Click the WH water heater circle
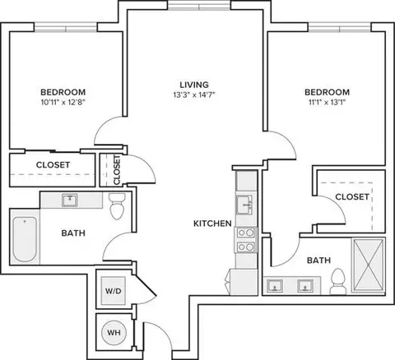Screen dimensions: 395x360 [114, 333]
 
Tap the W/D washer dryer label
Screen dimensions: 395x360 [114, 291]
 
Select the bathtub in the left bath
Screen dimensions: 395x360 [25, 239]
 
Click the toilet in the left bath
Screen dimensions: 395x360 [117, 206]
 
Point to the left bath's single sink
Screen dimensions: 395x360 [69, 201]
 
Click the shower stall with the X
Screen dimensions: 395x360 [369, 265]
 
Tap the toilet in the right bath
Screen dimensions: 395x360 [338, 281]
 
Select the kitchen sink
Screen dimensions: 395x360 [245, 205]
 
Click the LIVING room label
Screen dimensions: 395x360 [194, 85]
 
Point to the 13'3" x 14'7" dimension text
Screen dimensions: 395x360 [194, 95]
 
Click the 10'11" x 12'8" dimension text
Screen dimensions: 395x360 [63, 103]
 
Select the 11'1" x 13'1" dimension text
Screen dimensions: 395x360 [328, 103]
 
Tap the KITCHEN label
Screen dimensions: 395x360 [212, 224]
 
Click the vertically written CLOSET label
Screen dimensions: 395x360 [117, 170]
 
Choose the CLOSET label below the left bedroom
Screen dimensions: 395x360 [53, 165]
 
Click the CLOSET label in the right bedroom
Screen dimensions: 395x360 [352, 196]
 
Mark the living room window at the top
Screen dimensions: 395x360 [199, 5]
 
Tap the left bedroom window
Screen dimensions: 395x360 [66, 27]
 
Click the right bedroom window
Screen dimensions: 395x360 [340, 27]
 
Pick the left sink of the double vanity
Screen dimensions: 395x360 [275, 286]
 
